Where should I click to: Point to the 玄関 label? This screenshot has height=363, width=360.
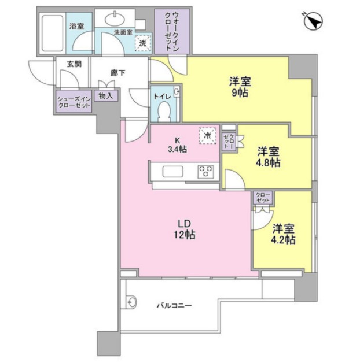tap(74, 64)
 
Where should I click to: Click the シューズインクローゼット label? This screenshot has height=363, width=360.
tap(74, 102)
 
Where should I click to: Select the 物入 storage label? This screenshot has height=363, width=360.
tap(106, 96)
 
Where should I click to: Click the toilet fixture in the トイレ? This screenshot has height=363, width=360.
tap(163, 110)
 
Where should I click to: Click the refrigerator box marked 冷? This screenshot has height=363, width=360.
tap(207, 135)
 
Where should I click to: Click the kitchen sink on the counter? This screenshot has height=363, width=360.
tap(173, 171)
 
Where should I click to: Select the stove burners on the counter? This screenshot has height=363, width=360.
tap(205, 171)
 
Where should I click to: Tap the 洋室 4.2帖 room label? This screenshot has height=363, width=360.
tap(284, 234)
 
